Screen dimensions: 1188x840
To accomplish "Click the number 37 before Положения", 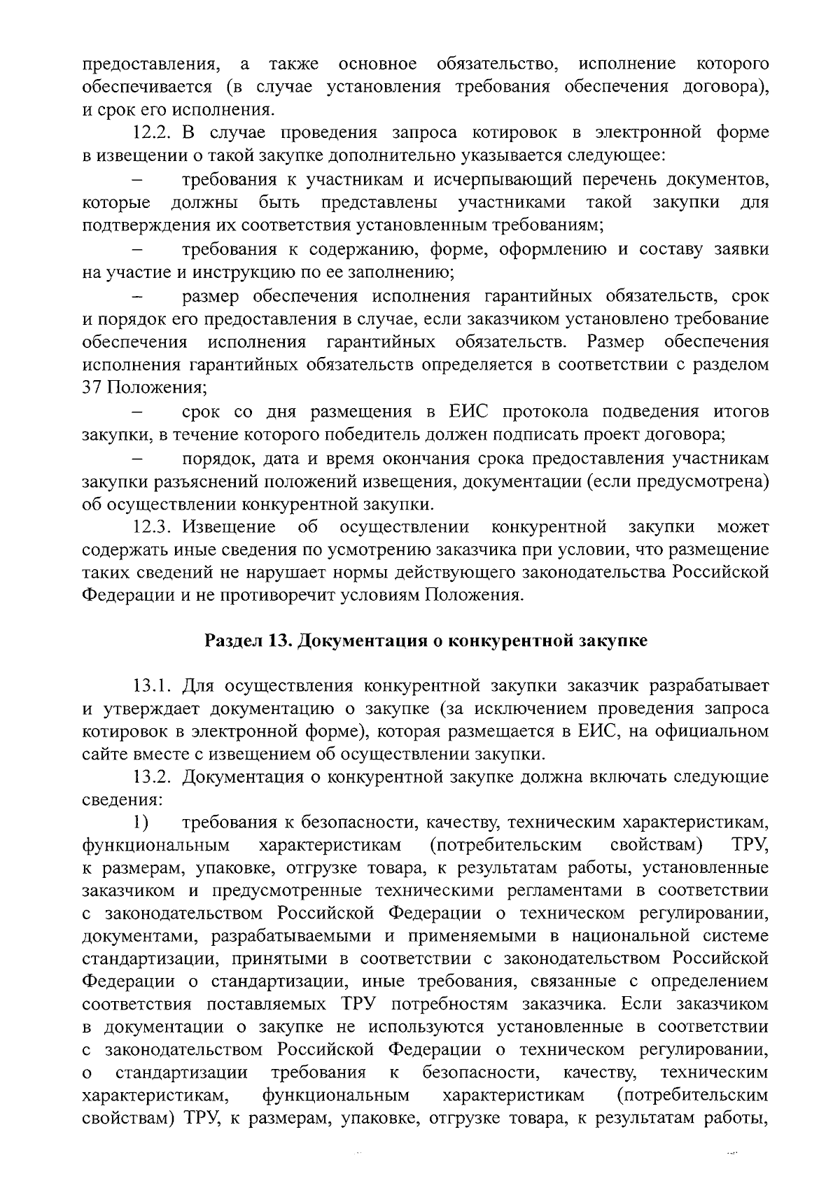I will [92, 389].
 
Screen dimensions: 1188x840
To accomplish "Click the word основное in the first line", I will [377, 64].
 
